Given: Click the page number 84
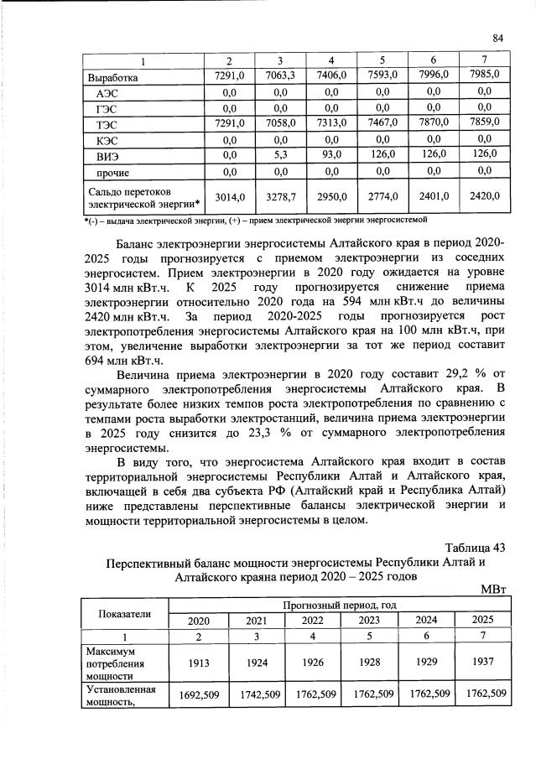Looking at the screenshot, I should point(497,38).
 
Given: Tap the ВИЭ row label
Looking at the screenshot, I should point(107,155).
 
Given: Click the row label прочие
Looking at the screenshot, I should point(112,173).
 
